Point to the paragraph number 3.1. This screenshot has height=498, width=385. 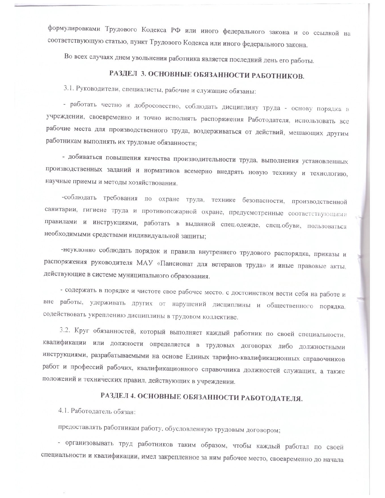tap(68, 88)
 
